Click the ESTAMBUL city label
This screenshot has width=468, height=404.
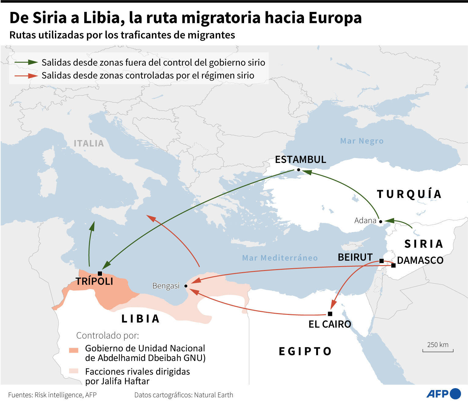click(300, 159)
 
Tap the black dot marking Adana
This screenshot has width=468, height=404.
click(380, 221)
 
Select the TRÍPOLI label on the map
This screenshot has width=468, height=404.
click(94, 281)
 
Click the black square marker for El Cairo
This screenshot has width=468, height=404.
click(330, 314)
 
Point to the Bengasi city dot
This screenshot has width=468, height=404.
click(186, 286)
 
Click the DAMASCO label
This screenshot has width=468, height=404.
click(420, 260)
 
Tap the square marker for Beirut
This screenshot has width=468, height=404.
click(382, 261)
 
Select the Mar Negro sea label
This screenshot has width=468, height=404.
click(362, 141)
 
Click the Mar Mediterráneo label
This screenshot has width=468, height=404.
click(280, 258)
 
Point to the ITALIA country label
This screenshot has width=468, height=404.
click(89, 143)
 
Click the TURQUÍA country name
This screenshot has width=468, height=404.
click(409, 194)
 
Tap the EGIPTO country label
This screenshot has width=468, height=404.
click(305, 351)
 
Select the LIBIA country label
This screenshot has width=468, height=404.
click(141, 319)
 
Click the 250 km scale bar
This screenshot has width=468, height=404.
click(438, 350)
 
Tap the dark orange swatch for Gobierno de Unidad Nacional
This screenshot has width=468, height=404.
click(74, 350)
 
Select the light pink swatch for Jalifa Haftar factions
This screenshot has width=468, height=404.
click(74, 371)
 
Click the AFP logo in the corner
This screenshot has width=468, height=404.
click(443, 394)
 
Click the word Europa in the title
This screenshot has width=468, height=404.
click(335, 18)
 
